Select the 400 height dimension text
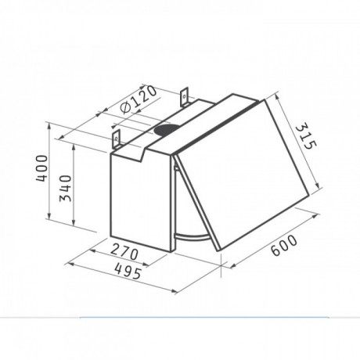pos(42,168)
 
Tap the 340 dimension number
pos(66,189)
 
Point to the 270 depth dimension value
pos(124,253)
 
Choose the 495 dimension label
pos(128,271)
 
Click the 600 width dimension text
pos(284,245)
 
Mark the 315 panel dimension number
pos(306,137)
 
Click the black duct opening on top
pos(166,130)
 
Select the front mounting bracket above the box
pos(117,139)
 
